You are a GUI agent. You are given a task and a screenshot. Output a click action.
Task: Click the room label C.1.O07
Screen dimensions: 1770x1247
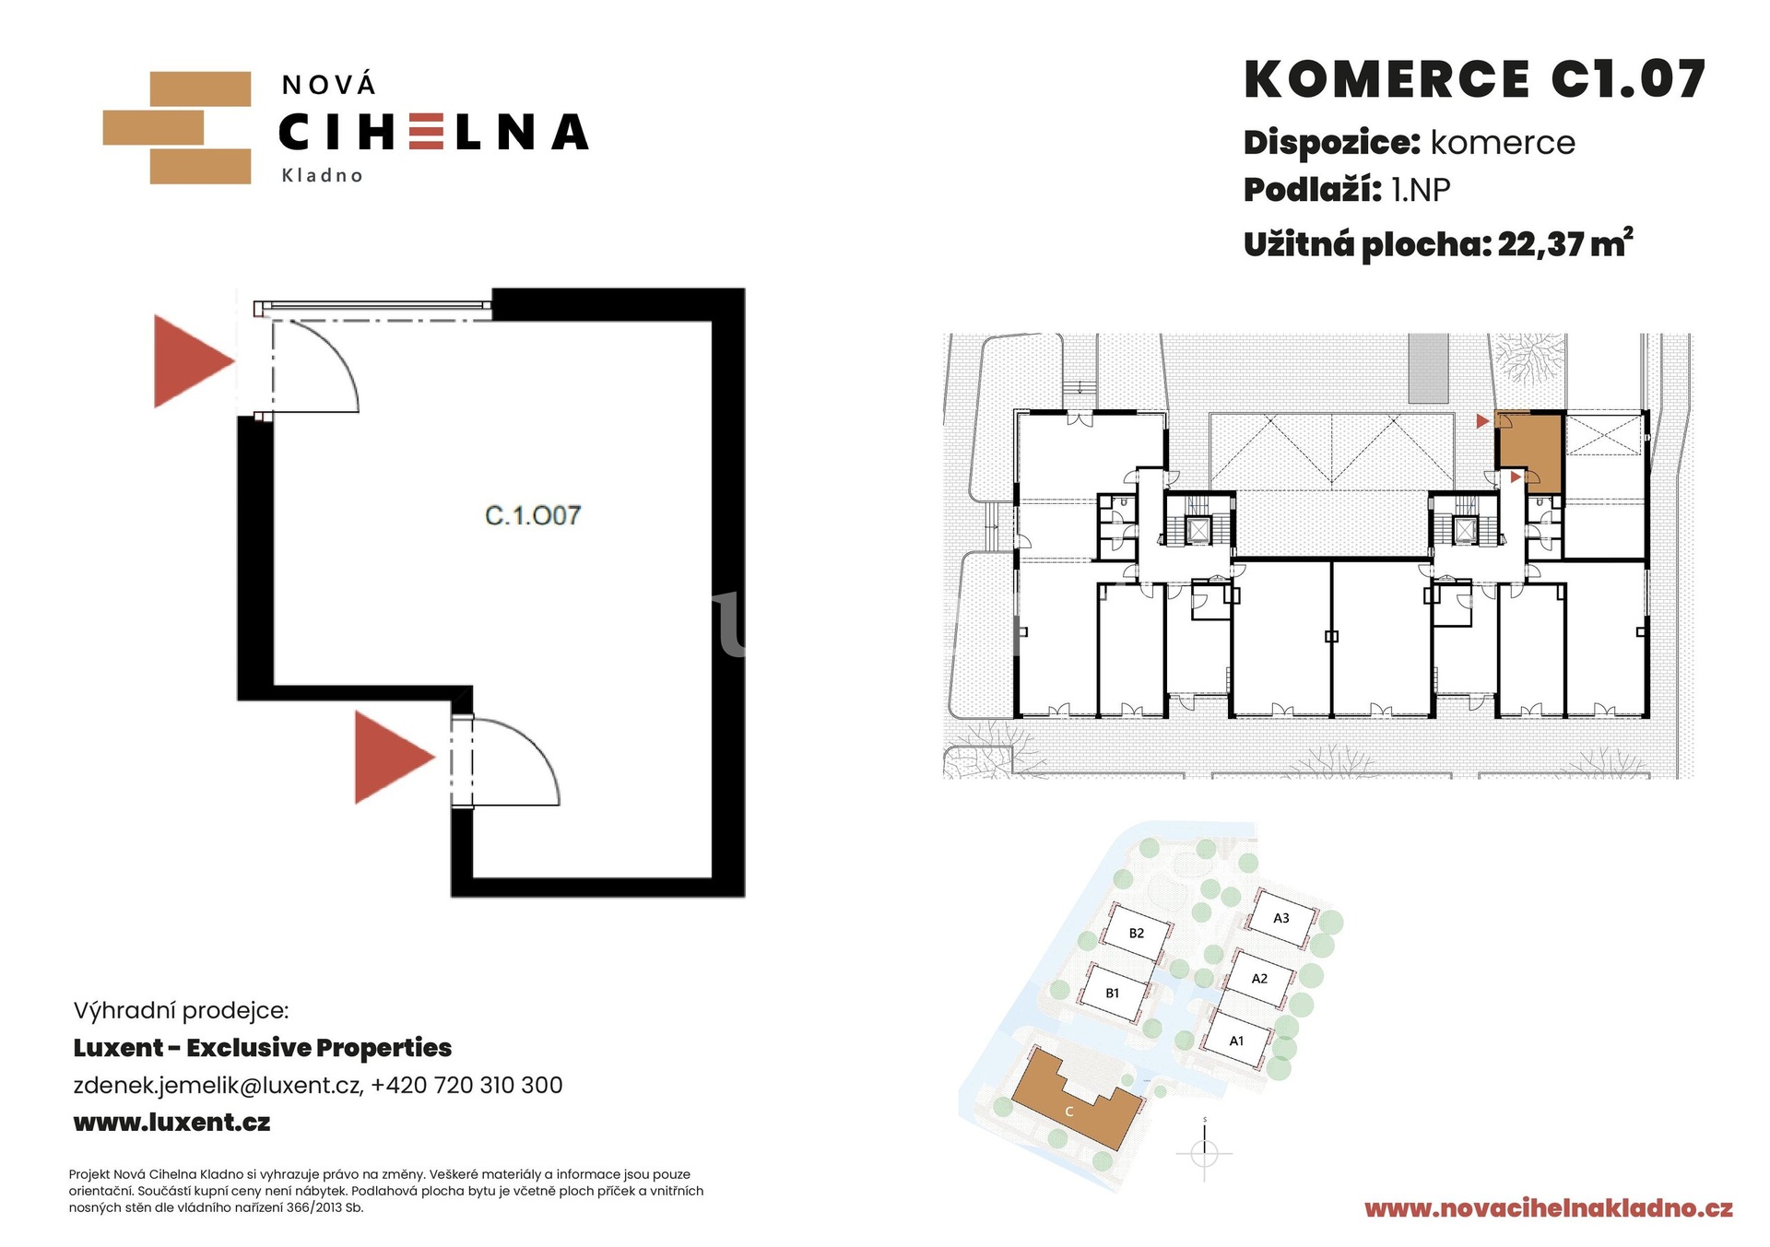[x=533, y=515]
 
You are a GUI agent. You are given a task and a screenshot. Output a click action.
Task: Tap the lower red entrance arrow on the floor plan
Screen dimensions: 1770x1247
[x=395, y=757]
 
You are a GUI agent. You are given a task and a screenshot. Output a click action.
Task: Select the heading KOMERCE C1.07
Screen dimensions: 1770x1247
[x=1475, y=79]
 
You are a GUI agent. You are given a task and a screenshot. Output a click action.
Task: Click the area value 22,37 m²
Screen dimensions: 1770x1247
[x=1565, y=243]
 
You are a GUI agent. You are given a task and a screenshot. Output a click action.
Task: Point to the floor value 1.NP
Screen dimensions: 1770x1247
[x=1421, y=190]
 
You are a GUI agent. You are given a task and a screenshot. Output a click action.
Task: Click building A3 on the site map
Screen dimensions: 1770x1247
[x=1281, y=918]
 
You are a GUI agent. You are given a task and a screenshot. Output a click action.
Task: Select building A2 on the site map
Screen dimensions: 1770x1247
[x=1259, y=979]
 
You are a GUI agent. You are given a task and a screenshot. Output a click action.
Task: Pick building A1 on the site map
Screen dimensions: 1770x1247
[x=1237, y=1041]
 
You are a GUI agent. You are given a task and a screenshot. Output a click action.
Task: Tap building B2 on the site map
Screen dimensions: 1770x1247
[x=1137, y=933]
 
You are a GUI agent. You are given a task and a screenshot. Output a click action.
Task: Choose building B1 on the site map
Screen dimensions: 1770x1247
[x=1113, y=993]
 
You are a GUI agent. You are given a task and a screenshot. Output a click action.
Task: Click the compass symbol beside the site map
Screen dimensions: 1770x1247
[x=1205, y=1152]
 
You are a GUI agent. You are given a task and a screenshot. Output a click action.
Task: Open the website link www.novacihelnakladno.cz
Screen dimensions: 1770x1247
[x=1549, y=1208]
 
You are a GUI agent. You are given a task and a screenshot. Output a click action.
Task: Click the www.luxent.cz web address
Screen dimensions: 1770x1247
[x=171, y=1123]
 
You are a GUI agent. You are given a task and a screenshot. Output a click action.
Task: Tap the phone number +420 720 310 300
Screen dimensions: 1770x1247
[x=466, y=1085]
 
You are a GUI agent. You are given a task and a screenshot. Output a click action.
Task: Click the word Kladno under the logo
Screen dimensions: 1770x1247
[x=322, y=175]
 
